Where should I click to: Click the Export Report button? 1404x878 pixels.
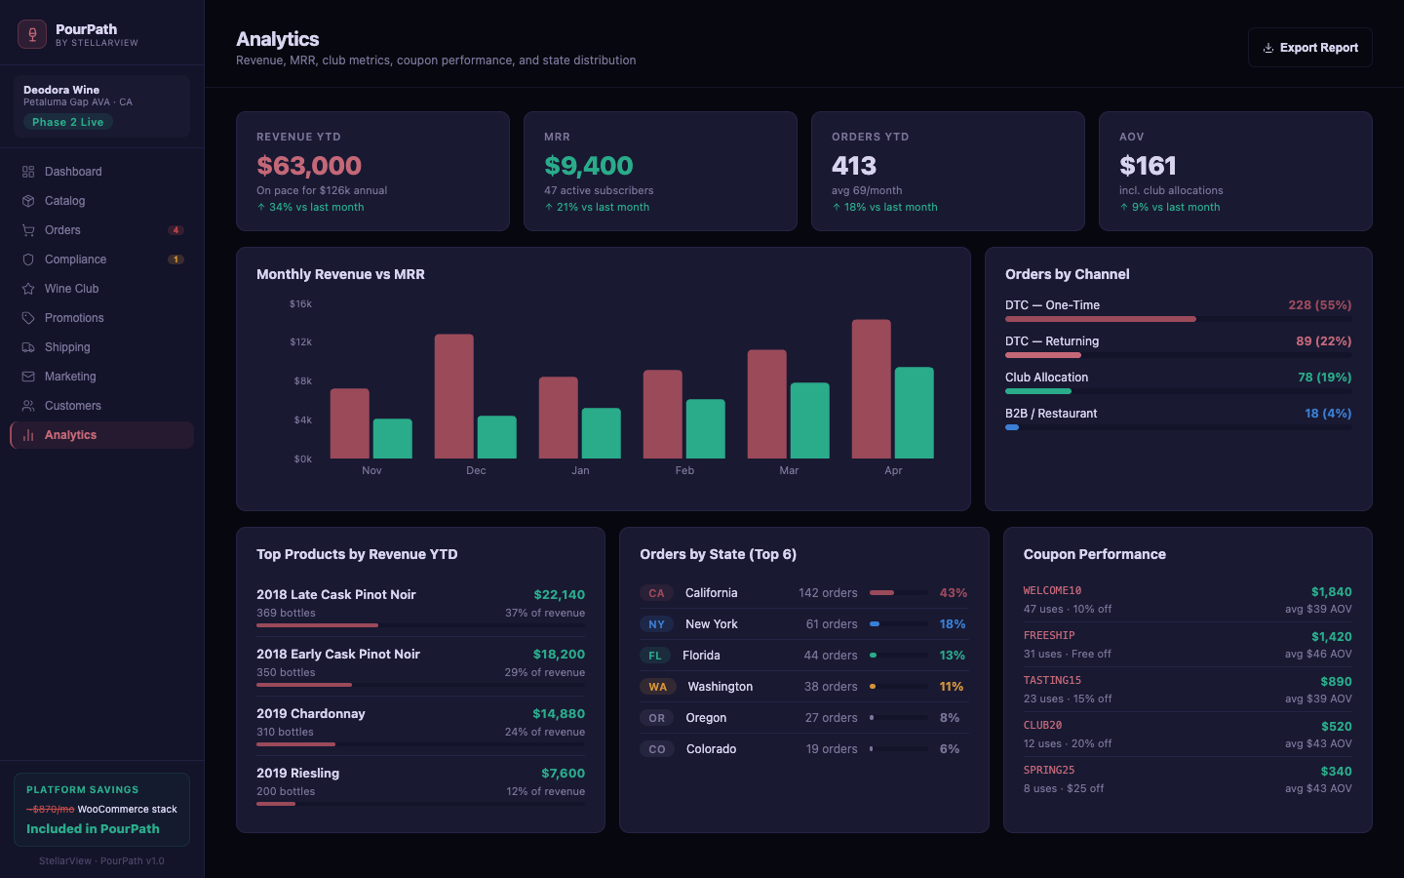[1309, 48]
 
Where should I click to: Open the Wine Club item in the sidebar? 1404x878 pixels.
[71, 289]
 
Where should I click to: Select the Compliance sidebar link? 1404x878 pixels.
[75, 259]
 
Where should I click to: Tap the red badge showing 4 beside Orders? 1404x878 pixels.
[175, 230]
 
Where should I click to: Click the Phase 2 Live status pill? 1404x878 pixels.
[67, 122]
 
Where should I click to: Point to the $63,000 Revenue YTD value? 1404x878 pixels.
[309, 166]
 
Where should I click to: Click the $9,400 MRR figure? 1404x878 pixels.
[588, 166]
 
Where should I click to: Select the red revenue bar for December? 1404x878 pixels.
[453, 396]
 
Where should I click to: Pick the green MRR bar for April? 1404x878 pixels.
[914, 413]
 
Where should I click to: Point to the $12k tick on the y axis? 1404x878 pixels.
[300, 342]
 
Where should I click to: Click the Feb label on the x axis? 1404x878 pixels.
[684, 470]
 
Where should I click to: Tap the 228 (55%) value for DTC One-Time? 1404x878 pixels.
[1319, 305]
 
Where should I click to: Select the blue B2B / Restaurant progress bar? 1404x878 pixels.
[1012, 427]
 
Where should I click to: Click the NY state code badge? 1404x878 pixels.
[656, 624]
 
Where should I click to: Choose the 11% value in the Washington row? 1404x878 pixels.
[951, 687]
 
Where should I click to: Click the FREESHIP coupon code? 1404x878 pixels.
[1049, 636]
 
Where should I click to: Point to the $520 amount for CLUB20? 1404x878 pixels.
[1336, 727]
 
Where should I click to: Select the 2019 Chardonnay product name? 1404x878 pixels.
[310, 714]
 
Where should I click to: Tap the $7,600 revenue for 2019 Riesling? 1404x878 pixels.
[563, 774]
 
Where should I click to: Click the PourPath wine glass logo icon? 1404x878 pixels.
[32, 34]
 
